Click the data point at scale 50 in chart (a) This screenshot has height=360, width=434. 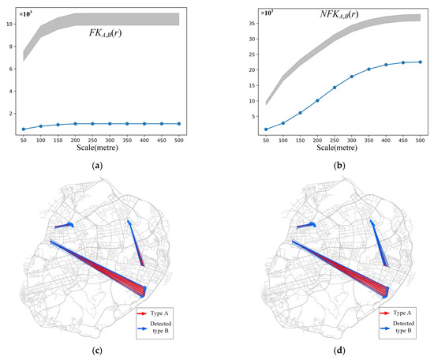pos(24,129)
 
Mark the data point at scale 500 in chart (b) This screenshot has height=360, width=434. pos(421,62)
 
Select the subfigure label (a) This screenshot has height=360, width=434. pos(97,167)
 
